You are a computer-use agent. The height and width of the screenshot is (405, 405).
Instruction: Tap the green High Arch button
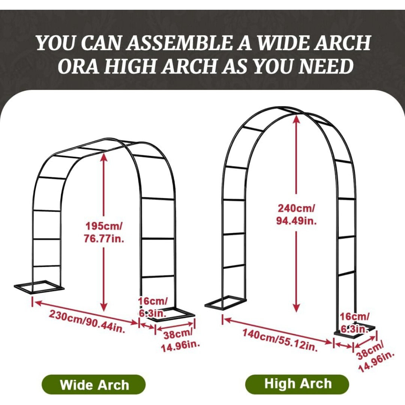[x=298, y=384]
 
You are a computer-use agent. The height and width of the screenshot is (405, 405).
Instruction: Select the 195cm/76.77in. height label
[x=103, y=232]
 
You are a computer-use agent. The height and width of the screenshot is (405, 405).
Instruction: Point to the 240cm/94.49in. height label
[x=296, y=214]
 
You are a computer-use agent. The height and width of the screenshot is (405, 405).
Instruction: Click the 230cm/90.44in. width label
[x=87, y=321]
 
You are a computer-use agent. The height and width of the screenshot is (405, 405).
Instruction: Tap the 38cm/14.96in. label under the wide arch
[x=178, y=340]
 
